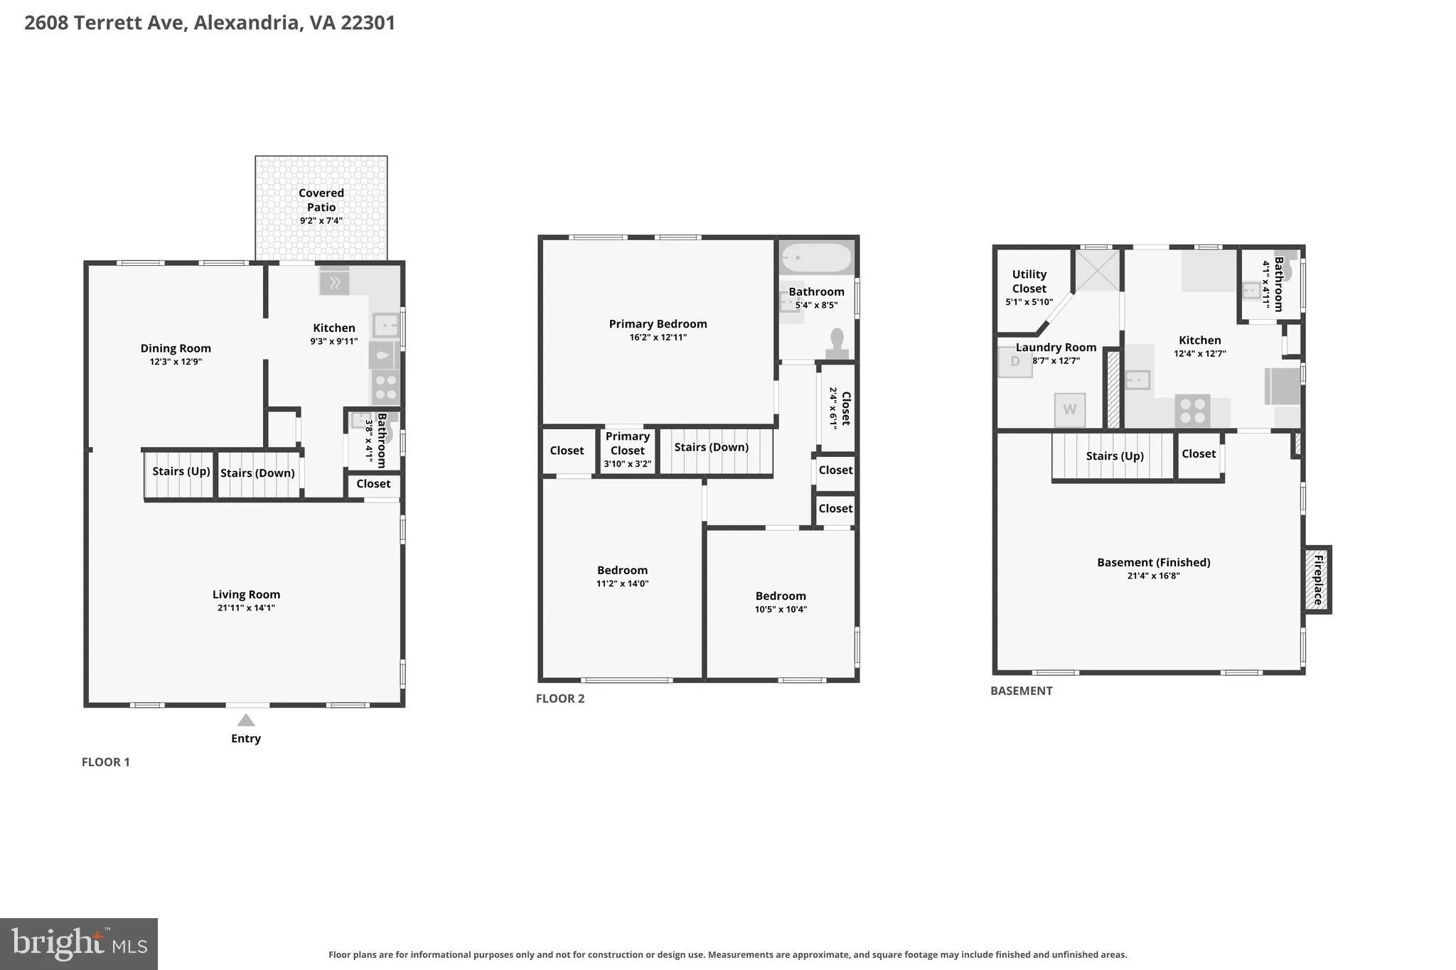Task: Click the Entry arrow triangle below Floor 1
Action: click(246, 720)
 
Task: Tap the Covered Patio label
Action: click(321, 200)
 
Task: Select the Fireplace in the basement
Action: click(1317, 579)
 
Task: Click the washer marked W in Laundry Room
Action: click(1069, 409)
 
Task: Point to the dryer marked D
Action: click(1015, 362)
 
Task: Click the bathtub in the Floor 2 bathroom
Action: click(815, 258)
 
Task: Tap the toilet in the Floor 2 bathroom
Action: click(837, 343)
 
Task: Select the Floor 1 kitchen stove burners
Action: click(385, 387)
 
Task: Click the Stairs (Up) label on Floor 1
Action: click(181, 471)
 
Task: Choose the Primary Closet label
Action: click(628, 443)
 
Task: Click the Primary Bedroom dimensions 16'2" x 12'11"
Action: click(658, 338)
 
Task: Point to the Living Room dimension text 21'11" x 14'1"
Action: click(246, 608)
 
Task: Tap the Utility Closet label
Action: click(1029, 281)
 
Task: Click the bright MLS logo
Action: click(79, 944)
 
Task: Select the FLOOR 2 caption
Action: click(560, 699)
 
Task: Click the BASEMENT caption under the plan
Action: click(1022, 691)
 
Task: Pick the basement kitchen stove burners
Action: click(1192, 411)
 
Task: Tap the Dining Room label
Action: click(176, 348)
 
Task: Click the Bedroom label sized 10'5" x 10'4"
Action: click(781, 596)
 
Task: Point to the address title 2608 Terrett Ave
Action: click(106, 23)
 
